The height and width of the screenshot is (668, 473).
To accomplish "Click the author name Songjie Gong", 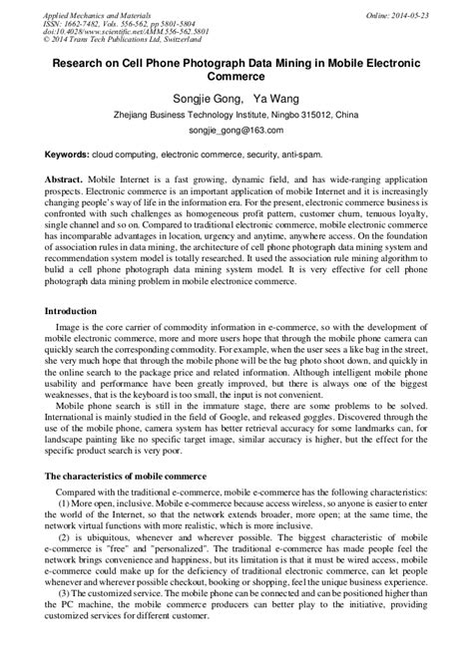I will click(x=198, y=98).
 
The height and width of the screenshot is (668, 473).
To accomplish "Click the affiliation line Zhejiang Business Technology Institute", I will click(x=236, y=115).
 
